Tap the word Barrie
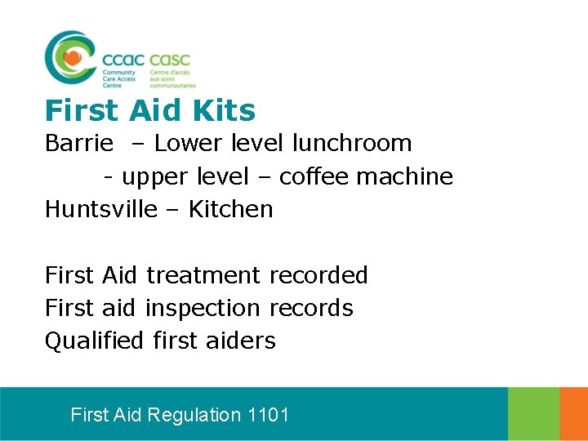point(79,144)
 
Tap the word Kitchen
point(230,209)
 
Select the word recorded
point(318,275)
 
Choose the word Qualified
point(94,341)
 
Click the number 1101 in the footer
point(268,415)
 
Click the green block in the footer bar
point(533,414)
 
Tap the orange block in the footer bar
point(573,414)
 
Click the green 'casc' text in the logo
point(170,60)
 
